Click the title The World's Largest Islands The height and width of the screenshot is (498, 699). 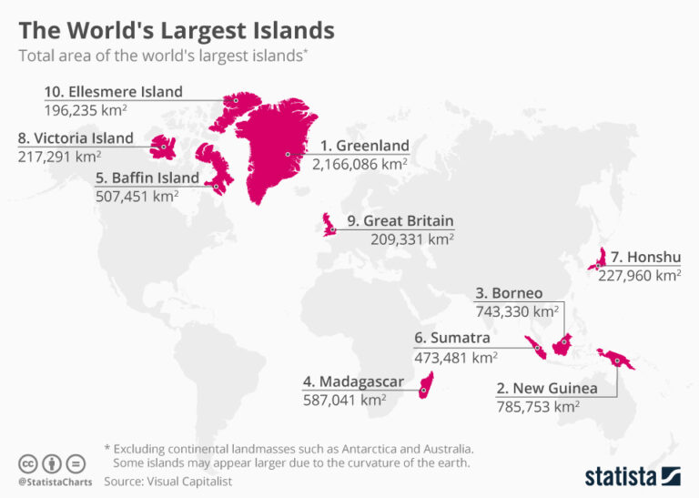pos(177,30)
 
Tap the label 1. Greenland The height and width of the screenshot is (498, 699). pos(363,146)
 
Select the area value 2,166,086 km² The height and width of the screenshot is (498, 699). pos(360,165)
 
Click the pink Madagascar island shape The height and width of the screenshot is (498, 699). pos(426,386)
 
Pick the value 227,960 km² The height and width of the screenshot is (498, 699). pos(639,274)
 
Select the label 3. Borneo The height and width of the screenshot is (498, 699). pos(509,293)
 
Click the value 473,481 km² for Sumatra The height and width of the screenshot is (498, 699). pos(456,357)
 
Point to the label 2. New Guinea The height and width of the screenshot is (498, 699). pos(547,389)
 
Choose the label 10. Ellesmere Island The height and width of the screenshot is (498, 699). pos(113,92)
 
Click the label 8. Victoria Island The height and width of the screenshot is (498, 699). pos(76,138)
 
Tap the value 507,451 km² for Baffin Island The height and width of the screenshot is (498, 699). pos(137,195)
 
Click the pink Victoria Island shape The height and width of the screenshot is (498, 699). pos(165,145)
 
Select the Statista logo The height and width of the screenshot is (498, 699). pos(632,475)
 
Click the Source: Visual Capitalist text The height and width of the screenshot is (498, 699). pos(168,480)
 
